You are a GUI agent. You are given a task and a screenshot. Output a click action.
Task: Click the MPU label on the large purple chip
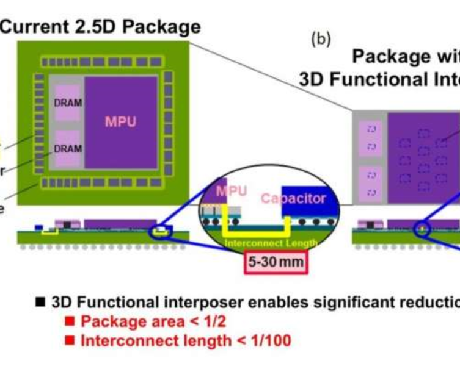click(120, 121)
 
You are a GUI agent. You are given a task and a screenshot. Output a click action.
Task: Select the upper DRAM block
click(68, 103)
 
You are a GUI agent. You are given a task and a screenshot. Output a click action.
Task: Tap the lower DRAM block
click(68, 148)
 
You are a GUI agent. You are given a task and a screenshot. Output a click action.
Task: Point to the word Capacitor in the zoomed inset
click(293, 199)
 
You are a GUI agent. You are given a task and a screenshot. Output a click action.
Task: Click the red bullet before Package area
click(71, 320)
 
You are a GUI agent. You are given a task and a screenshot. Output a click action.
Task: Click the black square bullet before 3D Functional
click(40, 301)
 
